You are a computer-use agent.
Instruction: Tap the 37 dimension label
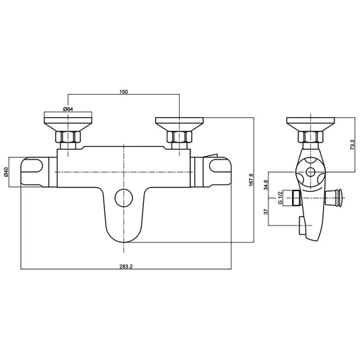point(266,211)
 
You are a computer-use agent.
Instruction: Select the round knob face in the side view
point(310,172)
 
